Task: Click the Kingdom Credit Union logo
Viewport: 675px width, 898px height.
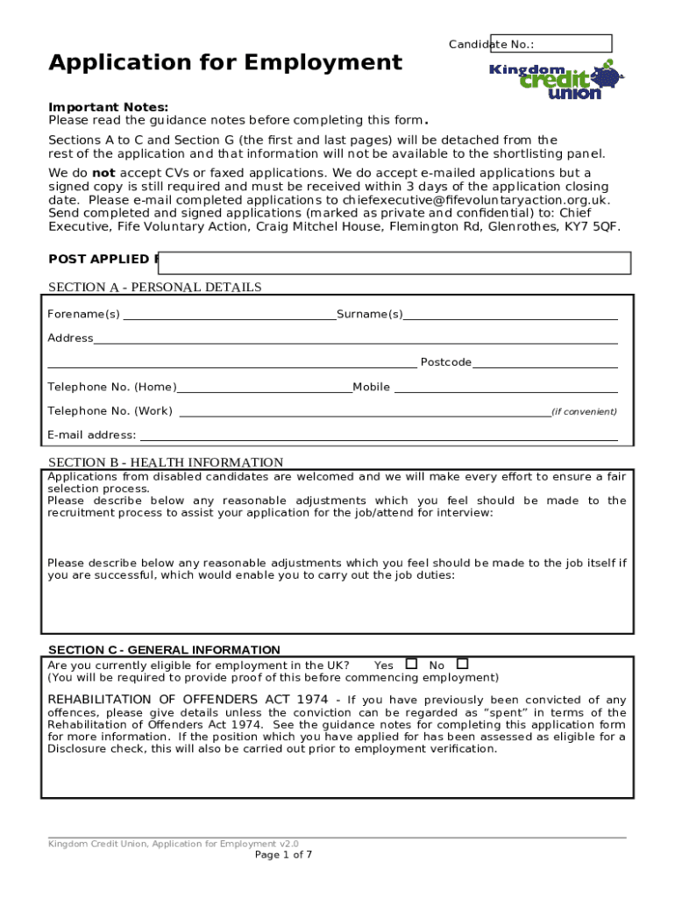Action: [556, 79]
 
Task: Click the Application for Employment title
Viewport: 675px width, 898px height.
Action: [225, 62]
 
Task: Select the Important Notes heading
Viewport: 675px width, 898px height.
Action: [108, 107]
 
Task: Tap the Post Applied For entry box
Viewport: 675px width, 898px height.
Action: [395, 263]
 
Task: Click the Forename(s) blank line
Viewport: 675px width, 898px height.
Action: [229, 315]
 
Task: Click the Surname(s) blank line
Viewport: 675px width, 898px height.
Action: [510, 315]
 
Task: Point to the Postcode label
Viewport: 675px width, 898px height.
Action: [445, 362]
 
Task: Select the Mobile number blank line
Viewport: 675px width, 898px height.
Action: [505, 387]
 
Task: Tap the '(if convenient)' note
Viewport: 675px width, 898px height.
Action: [584, 411]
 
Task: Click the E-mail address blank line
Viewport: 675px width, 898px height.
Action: [378, 435]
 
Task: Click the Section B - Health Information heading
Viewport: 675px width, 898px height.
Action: [166, 462]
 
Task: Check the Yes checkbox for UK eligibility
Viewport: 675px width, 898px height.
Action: [411, 664]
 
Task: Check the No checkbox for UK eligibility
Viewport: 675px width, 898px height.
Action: [463, 664]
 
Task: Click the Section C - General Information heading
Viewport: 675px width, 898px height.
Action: [164, 650]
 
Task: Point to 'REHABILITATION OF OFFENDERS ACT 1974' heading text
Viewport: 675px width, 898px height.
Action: [188, 699]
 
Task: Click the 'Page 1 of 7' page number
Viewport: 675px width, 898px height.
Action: [283, 855]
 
